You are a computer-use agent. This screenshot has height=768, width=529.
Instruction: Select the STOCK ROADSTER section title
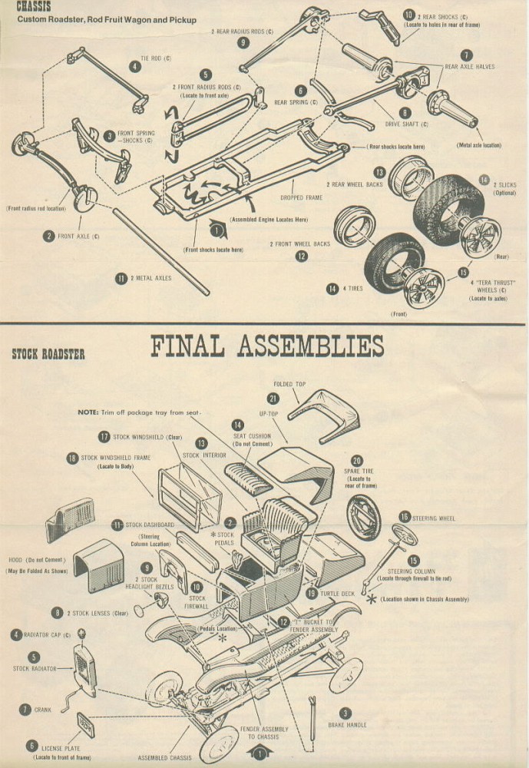pyautogui.click(x=48, y=354)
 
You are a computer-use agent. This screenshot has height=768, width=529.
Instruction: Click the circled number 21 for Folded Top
pyautogui.click(x=273, y=398)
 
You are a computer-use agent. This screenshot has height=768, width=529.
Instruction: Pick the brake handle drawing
pyautogui.click(x=313, y=713)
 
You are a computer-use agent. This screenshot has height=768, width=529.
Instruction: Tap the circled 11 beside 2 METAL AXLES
pyautogui.click(x=121, y=279)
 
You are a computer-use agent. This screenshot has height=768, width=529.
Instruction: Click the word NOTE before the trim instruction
pyautogui.click(x=88, y=412)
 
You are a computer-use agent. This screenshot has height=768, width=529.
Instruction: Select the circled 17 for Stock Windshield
pyautogui.click(x=104, y=437)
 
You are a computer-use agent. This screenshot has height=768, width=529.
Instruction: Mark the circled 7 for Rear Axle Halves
pyautogui.click(x=466, y=55)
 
